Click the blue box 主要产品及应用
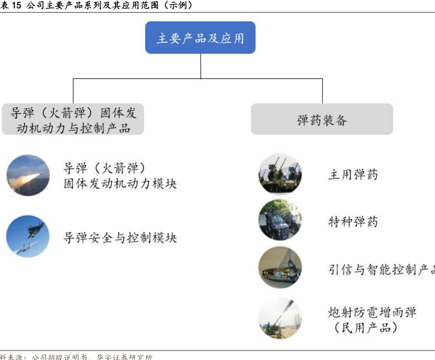point(200,38)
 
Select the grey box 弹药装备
point(322,119)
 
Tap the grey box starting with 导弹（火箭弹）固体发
point(73,119)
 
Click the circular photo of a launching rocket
point(28,175)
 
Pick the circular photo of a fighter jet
point(28,237)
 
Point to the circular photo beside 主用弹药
point(280,174)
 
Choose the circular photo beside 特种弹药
point(280,220)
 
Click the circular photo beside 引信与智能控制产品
point(280,268)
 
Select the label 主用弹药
point(353,174)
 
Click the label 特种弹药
point(353,221)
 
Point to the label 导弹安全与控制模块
point(120,238)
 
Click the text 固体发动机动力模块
point(120,183)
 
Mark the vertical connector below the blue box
point(200,66)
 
